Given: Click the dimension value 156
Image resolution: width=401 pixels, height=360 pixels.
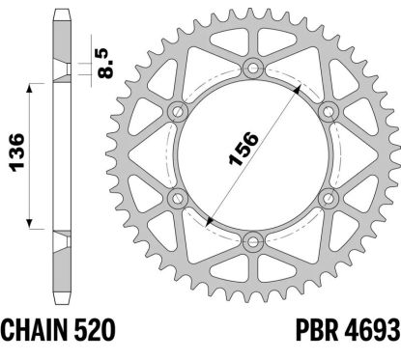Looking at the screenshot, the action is coord(243,148).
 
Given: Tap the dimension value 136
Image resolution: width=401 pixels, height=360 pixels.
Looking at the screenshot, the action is coord(16,152).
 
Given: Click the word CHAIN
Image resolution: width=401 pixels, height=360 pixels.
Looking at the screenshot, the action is coord(35,330).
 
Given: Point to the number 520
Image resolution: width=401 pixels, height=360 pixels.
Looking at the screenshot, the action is coord(95,330).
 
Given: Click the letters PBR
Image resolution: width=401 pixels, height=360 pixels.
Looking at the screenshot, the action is coord(317,330).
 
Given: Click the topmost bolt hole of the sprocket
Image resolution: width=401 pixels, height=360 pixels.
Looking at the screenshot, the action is coord(253,68).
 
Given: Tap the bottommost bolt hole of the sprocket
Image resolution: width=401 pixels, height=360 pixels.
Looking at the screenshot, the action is coord(253,242).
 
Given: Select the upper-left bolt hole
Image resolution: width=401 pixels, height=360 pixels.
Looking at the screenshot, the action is coord(178,112).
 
